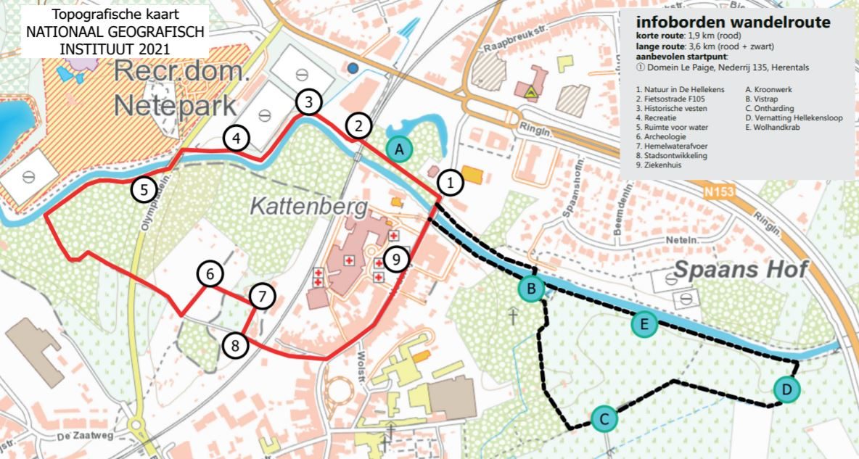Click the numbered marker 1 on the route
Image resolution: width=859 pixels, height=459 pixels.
coord(451,183)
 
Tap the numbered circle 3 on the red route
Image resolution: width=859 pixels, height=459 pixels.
coord(309,102)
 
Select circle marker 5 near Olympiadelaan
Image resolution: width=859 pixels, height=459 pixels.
coord(144,190)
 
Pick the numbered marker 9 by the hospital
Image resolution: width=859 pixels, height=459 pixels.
coord(394,258)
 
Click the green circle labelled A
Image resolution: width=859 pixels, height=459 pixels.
coord(398,149)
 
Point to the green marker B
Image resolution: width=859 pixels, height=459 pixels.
coord(532,289)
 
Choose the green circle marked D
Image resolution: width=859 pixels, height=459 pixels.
coord(786,391)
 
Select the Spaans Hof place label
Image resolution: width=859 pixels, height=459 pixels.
coord(740,270)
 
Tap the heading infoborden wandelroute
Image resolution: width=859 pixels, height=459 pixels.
coord(733,22)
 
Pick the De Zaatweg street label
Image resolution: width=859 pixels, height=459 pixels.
coord(78,436)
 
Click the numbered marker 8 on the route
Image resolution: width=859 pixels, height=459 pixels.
coord(235,345)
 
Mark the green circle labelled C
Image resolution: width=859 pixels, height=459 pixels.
coord(604,418)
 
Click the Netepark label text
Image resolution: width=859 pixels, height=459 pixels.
coord(175,106)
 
